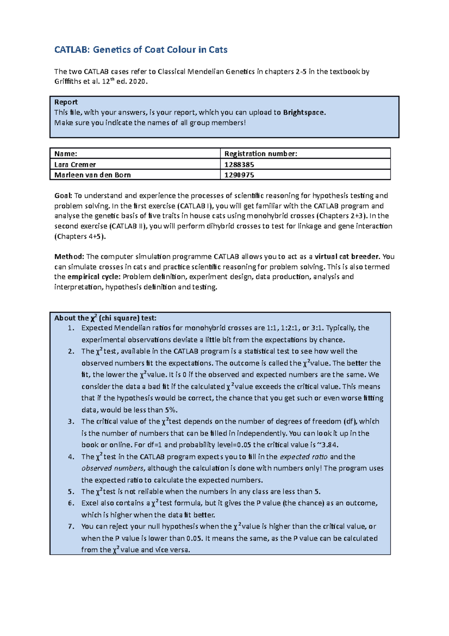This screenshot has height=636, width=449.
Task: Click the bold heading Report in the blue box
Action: coord(66,102)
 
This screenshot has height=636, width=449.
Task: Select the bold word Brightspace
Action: coord(304,112)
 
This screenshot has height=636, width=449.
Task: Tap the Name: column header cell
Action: coord(135,154)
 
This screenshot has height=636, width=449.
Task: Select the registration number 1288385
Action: coord(239,164)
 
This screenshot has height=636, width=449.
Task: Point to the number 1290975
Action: coord(239,175)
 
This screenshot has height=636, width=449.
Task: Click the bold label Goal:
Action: coord(63,196)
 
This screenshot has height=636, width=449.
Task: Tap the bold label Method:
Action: coord(69,257)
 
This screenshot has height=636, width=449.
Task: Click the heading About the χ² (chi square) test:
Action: coord(105,318)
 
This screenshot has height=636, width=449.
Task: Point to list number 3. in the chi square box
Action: coord(71,422)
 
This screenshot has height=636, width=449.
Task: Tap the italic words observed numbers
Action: coord(113,469)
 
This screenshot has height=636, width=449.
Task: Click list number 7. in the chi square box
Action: coord(71,527)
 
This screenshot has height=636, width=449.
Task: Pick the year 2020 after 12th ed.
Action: coord(137,81)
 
